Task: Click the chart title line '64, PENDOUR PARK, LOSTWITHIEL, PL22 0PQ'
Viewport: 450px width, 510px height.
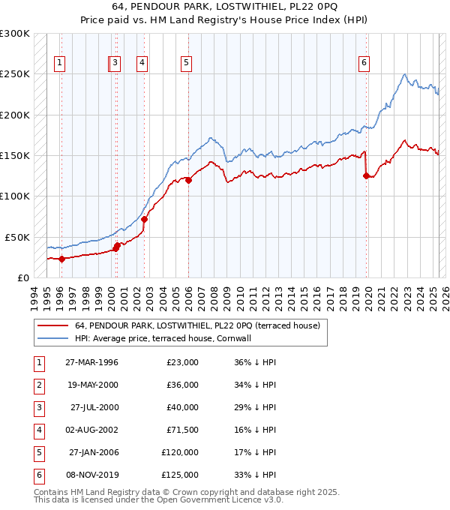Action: coord(224,7)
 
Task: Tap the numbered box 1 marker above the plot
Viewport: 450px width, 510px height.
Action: coord(59,63)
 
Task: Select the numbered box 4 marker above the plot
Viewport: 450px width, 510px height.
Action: coord(141,63)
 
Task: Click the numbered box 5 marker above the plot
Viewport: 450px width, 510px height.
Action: coord(184,63)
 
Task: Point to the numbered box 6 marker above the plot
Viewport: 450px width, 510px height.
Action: coord(363,63)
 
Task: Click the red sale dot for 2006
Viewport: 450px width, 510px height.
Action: coord(188,180)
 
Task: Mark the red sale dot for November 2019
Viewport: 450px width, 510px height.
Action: coord(367,176)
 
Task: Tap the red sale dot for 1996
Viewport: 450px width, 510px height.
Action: coord(61,259)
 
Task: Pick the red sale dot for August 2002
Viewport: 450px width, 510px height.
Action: coord(144,219)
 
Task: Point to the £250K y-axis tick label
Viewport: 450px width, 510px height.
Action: coord(15,74)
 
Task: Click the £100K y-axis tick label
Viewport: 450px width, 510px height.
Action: coord(15,196)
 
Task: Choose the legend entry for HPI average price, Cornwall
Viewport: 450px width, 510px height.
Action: coord(162,338)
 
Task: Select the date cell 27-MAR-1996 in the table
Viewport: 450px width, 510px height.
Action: coord(92,361)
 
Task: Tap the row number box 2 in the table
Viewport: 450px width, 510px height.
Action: coord(37,384)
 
